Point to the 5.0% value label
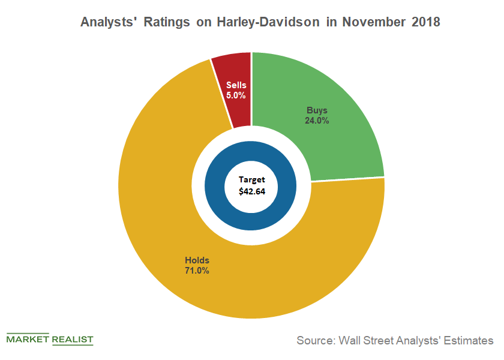236,95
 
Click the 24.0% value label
317,120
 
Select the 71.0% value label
197,271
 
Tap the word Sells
236,85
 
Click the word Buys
317,110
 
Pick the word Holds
197,260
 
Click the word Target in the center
251,179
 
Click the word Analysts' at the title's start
108,23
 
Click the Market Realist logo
50,340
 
